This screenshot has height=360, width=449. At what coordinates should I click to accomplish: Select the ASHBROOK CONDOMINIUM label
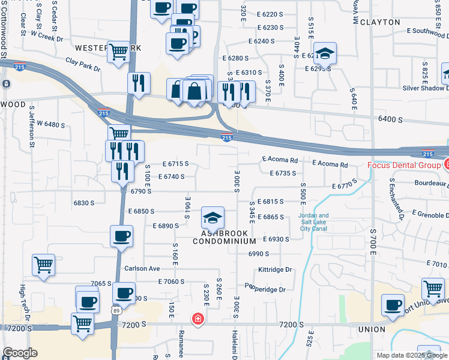pos(224,236)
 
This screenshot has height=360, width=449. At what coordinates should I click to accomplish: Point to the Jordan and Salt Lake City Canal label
pos(314,222)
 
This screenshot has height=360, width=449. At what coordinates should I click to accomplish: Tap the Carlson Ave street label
pos(142,268)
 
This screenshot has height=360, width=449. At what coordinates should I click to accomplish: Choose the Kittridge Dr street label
pos(274,270)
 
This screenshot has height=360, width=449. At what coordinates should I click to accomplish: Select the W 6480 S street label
pos(50,124)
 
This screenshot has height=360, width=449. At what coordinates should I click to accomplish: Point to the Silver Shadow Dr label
pos(425,88)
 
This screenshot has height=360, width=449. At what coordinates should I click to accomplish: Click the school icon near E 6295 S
pos(325,53)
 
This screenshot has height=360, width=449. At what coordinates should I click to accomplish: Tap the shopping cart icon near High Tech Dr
pos(43,265)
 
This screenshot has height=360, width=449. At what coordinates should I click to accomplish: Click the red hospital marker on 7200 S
pos(197,319)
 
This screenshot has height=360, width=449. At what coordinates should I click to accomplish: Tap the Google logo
pos(20,353)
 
